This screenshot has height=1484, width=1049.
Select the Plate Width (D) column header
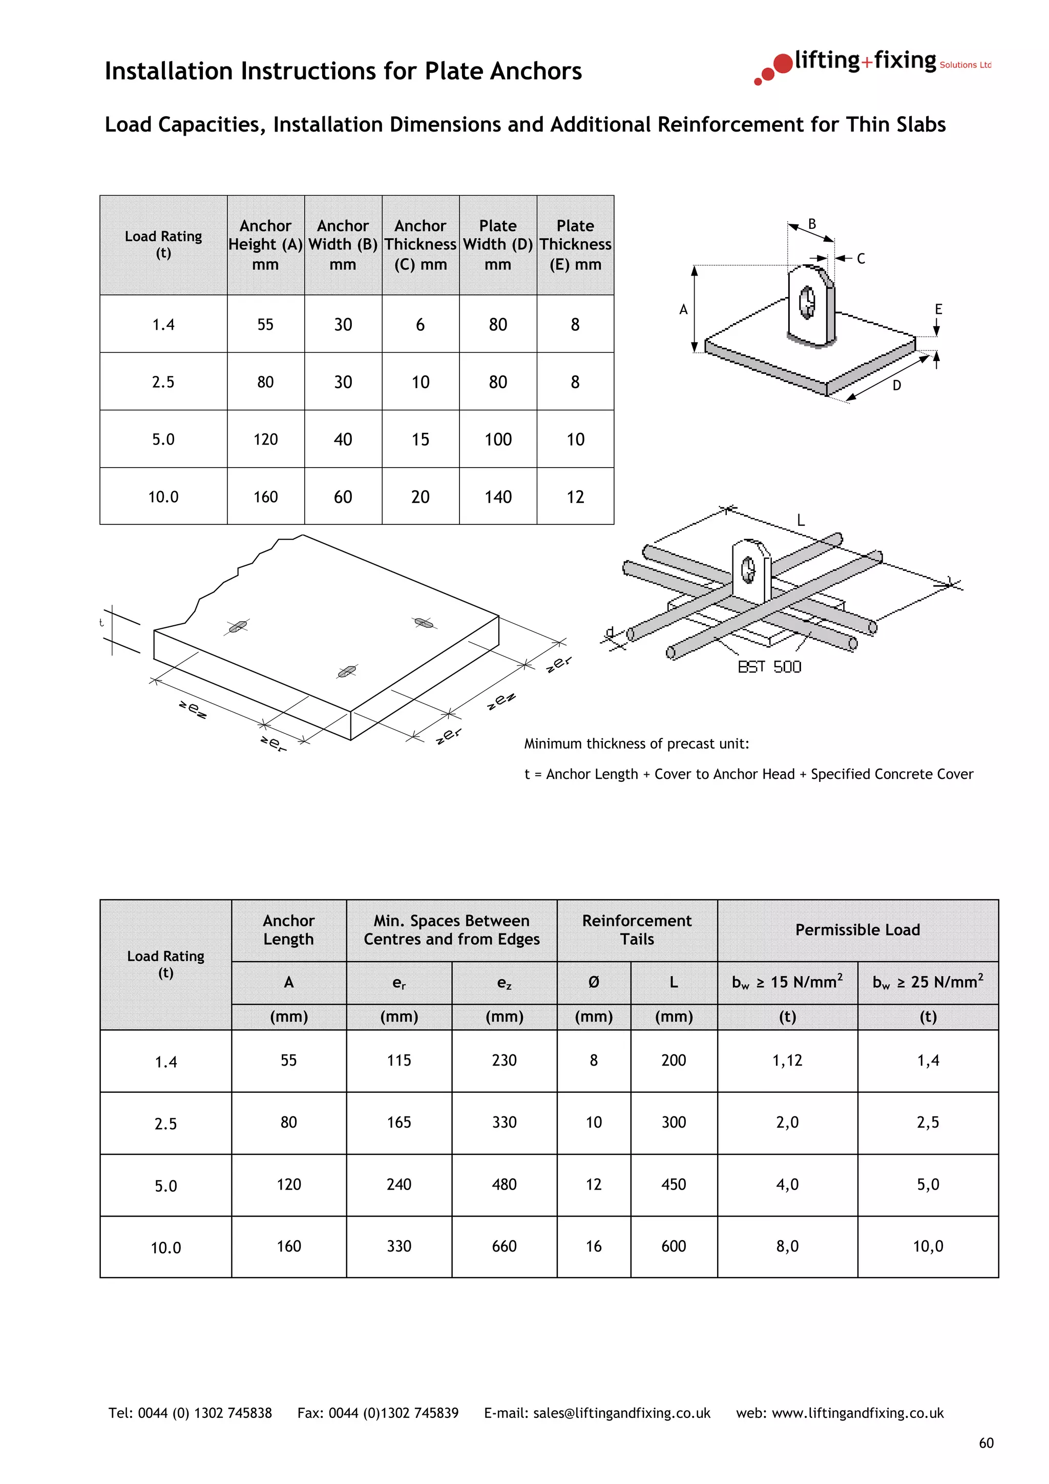[x=498, y=245]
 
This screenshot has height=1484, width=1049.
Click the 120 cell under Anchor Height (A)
[x=265, y=439]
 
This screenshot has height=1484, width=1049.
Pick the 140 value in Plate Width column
[x=498, y=497]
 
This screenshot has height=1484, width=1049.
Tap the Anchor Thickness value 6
[x=420, y=325]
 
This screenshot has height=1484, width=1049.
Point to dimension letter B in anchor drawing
[x=812, y=224]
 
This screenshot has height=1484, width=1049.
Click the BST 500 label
[x=769, y=667]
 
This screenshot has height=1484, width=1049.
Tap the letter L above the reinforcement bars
[x=800, y=520]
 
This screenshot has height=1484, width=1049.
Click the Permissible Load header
[x=857, y=930]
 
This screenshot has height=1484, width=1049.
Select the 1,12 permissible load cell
[x=787, y=1061]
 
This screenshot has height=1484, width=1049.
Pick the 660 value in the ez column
[x=503, y=1246]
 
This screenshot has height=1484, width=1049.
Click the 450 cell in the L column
[x=673, y=1185]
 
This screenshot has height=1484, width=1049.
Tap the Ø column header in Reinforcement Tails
[x=593, y=983]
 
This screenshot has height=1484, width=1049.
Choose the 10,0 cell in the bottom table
[x=928, y=1246]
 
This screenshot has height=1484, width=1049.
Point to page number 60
[x=985, y=1443]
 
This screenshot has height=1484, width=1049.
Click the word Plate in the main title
[x=454, y=71]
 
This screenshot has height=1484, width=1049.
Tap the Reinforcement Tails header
[x=637, y=930]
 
